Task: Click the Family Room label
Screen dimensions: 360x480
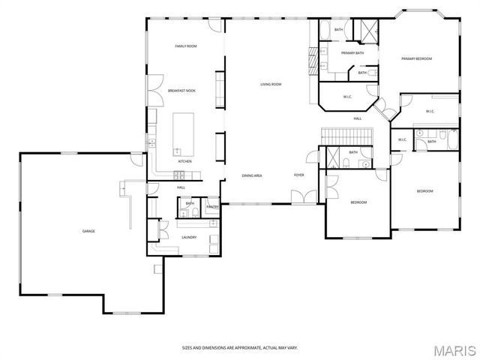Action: [185, 46]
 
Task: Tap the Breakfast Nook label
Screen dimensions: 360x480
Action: [181, 91]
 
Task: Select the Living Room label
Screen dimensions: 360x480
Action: [271, 84]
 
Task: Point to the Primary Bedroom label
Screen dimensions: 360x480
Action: [416, 58]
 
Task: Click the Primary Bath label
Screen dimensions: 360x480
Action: [352, 53]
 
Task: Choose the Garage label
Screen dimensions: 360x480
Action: [88, 231]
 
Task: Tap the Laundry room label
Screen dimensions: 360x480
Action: [189, 238]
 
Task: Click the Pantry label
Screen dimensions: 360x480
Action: [212, 206]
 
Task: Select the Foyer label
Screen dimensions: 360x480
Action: [298, 175]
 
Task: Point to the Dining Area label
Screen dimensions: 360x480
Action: [251, 175]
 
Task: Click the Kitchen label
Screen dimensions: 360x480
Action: [184, 161]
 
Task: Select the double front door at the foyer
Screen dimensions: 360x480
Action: [303, 196]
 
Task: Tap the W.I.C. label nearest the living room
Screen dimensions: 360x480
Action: [348, 96]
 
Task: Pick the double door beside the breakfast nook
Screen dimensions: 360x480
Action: [155, 90]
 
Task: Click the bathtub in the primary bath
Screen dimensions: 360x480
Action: [325, 30]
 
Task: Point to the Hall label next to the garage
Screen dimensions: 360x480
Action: [181, 187]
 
